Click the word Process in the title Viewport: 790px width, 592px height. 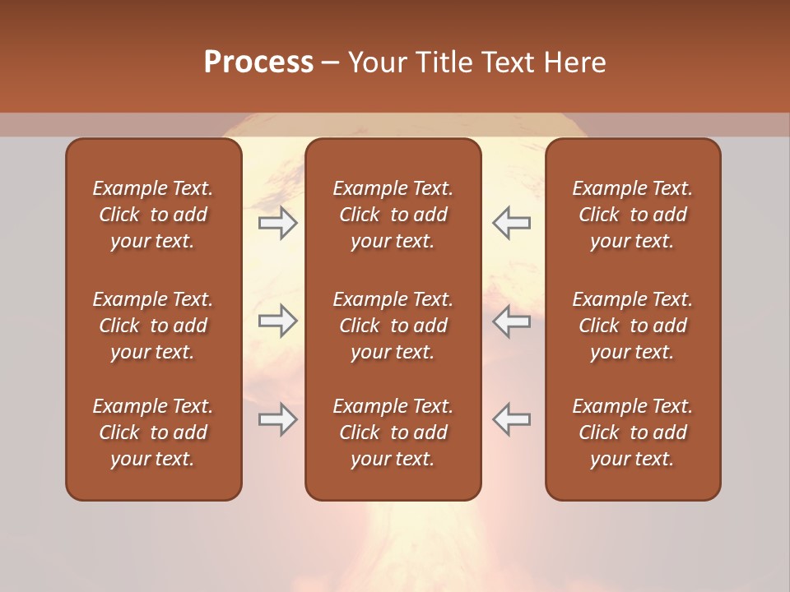(258, 62)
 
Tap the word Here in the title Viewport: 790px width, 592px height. (574, 62)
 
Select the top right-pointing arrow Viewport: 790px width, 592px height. (277, 223)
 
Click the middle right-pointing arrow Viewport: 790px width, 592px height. (277, 321)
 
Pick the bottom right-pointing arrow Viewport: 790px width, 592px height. (277, 419)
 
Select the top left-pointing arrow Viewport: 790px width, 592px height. (511, 223)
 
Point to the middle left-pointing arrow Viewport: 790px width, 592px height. (511, 321)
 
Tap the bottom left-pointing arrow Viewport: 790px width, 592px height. (511, 419)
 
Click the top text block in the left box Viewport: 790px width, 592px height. (153, 215)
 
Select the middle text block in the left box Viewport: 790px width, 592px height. (153, 326)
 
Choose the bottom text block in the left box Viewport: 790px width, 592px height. (153, 432)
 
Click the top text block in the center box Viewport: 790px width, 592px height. (393, 215)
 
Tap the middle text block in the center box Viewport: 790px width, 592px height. (393, 326)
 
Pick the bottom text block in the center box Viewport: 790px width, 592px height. (393, 432)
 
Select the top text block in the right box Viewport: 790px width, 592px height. (632, 215)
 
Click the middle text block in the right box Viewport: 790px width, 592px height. (632, 326)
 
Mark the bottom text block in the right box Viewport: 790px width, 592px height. (632, 432)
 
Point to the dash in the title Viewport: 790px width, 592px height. (330, 63)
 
